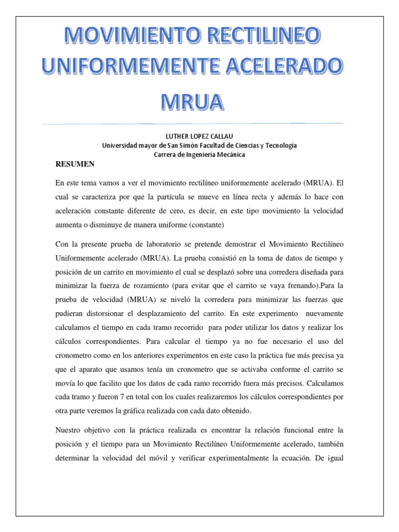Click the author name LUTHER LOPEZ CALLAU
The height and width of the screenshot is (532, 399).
[x=199, y=136]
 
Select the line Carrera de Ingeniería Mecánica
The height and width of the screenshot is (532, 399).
[x=199, y=155]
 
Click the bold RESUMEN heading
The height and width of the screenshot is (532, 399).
[x=75, y=164]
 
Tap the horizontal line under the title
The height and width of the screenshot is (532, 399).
[x=199, y=124]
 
